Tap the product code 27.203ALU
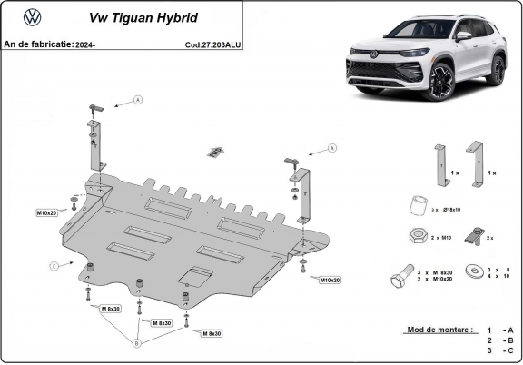212,43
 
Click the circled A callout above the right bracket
332,147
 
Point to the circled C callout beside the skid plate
54,265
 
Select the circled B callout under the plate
137,342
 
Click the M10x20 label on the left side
47,212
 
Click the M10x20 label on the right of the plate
330,280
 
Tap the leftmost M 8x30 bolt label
110,309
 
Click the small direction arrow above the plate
215,150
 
